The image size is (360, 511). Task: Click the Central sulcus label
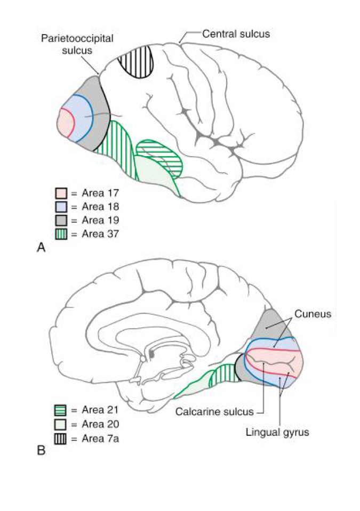(236, 34)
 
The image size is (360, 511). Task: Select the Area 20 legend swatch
(60, 424)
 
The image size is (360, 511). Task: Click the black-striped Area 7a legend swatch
(60, 438)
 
